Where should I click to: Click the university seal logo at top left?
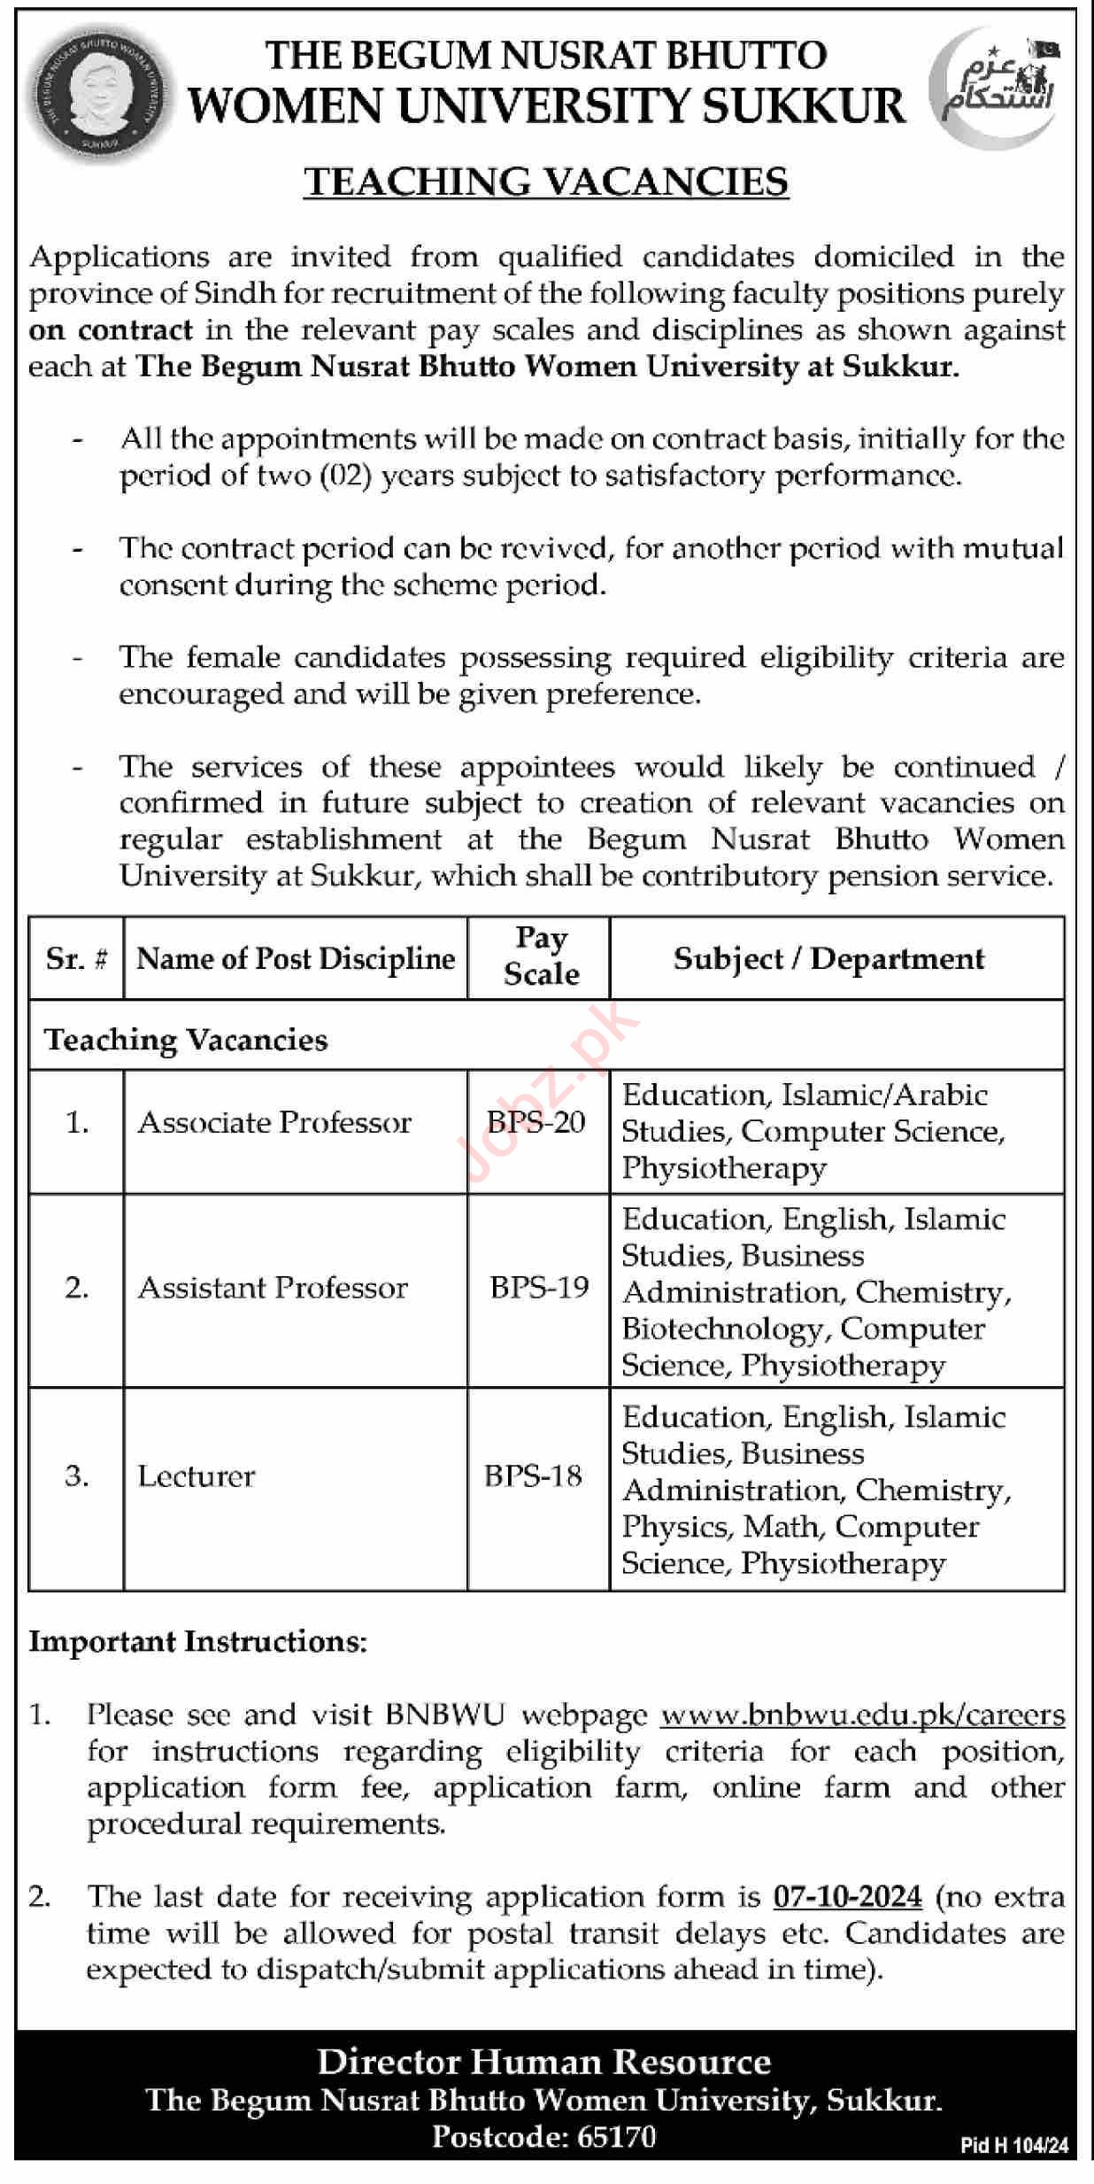[x=98, y=94]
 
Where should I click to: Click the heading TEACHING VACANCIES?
[x=546, y=182]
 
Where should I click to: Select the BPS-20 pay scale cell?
[x=536, y=1122]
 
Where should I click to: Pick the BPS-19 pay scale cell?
[x=539, y=1287]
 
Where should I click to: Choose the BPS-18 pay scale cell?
[x=533, y=1475]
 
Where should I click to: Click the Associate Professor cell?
[x=274, y=1122]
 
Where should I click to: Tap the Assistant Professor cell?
[x=273, y=1287]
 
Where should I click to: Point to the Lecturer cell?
[x=196, y=1475]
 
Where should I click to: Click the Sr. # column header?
[x=77, y=958]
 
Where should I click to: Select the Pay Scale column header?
[x=541, y=956]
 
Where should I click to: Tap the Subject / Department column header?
[x=828, y=958]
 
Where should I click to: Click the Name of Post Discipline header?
[x=296, y=958]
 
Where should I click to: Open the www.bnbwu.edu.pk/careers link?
[x=862, y=1715]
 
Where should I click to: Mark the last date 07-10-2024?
[x=847, y=1896]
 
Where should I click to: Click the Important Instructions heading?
[x=197, y=1641]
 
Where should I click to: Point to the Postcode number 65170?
[x=616, y=2137]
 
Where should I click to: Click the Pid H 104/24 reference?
[x=1014, y=2146]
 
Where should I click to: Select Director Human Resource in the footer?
[x=543, y=2063]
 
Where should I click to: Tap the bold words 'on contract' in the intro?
[x=111, y=329]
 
